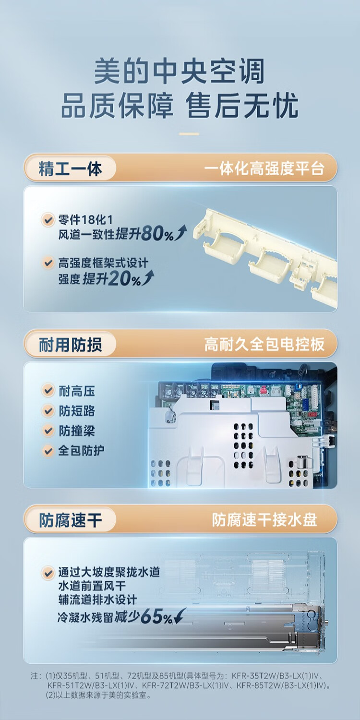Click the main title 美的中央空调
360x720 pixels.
pyautogui.click(x=180, y=72)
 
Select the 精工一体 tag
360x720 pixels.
pyautogui.click(x=70, y=169)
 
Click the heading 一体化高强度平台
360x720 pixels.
pyautogui.click(x=264, y=169)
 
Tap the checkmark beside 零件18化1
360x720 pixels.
pyautogui.click(x=48, y=220)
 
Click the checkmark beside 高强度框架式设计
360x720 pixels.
pyautogui.click(x=48, y=263)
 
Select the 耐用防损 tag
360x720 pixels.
pyautogui.click(x=70, y=345)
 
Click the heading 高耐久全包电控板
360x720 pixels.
pyautogui.click(x=264, y=344)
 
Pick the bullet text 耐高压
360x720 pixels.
pyautogui.click(x=77, y=391)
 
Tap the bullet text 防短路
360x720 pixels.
pyautogui.click(x=77, y=411)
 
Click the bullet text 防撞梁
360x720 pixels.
pyautogui.click(x=77, y=431)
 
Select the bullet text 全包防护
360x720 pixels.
pyautogui.click(x=81, y=451)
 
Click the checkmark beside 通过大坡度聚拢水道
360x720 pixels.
pyautogui.click(x=48, y=572)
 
